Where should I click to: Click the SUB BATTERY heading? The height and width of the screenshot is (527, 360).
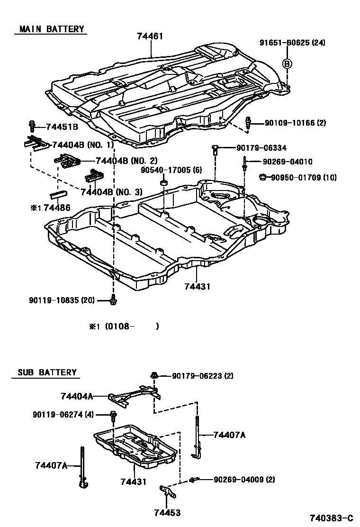point(47,372)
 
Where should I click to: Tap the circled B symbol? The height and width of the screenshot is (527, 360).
point(287,64)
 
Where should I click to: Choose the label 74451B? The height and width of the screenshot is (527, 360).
point(62,127)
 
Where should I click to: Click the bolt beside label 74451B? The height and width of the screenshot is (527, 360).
point(32,126)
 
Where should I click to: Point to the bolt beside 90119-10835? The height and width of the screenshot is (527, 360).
point(113,300)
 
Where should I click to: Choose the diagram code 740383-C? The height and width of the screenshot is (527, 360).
point(332,517)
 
